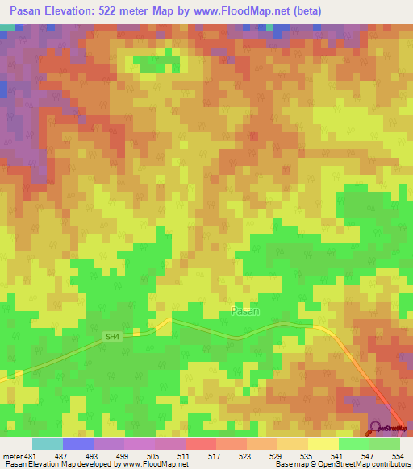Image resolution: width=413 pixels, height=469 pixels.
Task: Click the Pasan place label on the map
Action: [245, 310]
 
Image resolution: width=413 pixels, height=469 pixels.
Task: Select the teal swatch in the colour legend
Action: [47, 444]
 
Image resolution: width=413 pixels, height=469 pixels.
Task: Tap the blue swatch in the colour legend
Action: [77, 444]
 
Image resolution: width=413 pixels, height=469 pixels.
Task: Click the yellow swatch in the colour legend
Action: [323, 444]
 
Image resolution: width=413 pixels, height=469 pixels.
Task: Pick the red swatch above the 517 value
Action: [200, 444]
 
